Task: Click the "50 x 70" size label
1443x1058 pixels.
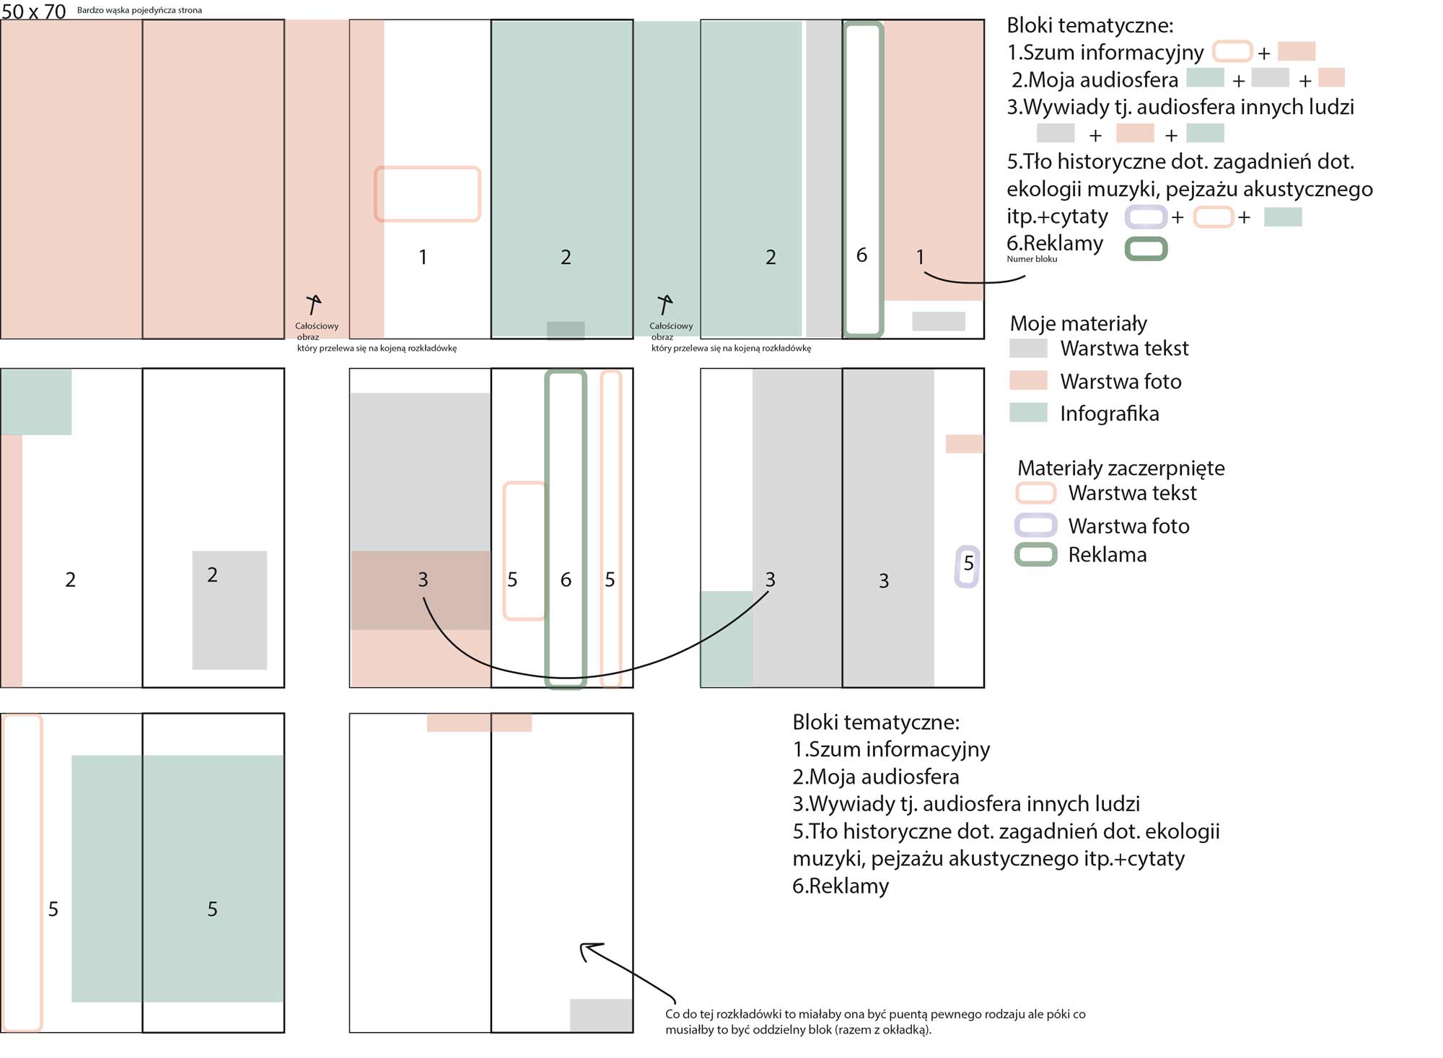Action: pyautogui.click(x=34, y=11)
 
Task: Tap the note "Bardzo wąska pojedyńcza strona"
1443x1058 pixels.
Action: pyautogui.click(x=139, y=10)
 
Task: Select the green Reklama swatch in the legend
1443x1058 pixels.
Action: pyautogui.click(x=1035, y=554)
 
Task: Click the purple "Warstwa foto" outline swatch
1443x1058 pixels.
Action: pyautogui.click(x=1035, y=525)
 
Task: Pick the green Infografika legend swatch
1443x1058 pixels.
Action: pyautogui.click(x=1028, y=413)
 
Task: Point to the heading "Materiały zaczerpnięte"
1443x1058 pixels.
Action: pyautogui.click(x=1120, y=468)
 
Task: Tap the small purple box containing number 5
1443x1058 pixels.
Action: pyautogui.click(x=967, y=567)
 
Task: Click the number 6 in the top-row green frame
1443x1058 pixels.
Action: pyautogui.click(x=861, y=255)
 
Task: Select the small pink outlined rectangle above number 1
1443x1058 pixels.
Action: pyautogui.click(x=427, y=193)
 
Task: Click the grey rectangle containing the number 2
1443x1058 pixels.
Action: pyautogui.click(x=229, y=610)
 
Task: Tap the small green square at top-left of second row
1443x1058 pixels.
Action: pyautogui.click(x=36, y=402)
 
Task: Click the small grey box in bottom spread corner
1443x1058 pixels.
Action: pyautogui.click(x=601, y=1015)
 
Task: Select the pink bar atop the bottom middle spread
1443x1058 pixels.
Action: pyautogui.click(x=479, y=722)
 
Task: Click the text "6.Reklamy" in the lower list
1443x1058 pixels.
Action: pyautogui.click(x=841, y=886)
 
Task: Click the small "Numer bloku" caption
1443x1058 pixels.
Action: pyautogui.click(x=1032, y=259)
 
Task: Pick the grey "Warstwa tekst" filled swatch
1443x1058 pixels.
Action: pyautogui.click(x=1028, y=349)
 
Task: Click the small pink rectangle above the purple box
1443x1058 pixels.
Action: pyautogui.click(x=964, y=443)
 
